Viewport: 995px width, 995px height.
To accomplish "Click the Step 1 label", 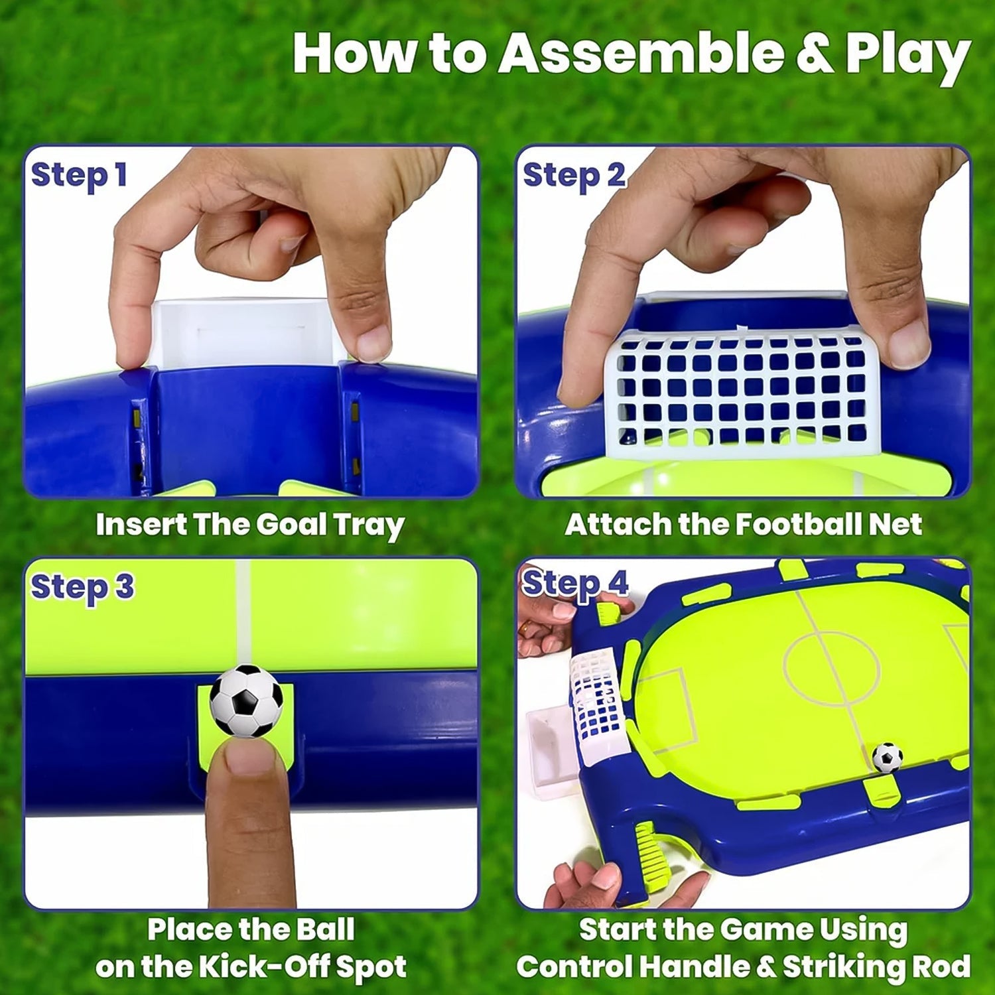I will pos(78,176).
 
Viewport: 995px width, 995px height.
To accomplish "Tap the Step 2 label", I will pos(574,176).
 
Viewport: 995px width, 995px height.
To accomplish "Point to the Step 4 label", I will pos(574,584).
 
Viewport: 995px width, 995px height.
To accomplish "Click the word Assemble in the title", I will pos(640,53).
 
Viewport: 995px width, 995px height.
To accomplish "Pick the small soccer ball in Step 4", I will pos(887,757).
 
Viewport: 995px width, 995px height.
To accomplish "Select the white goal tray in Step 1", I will pos(242,332).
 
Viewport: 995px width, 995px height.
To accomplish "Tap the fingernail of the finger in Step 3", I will pos(247,757).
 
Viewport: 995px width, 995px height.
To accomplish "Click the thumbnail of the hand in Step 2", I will pos(907,345).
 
